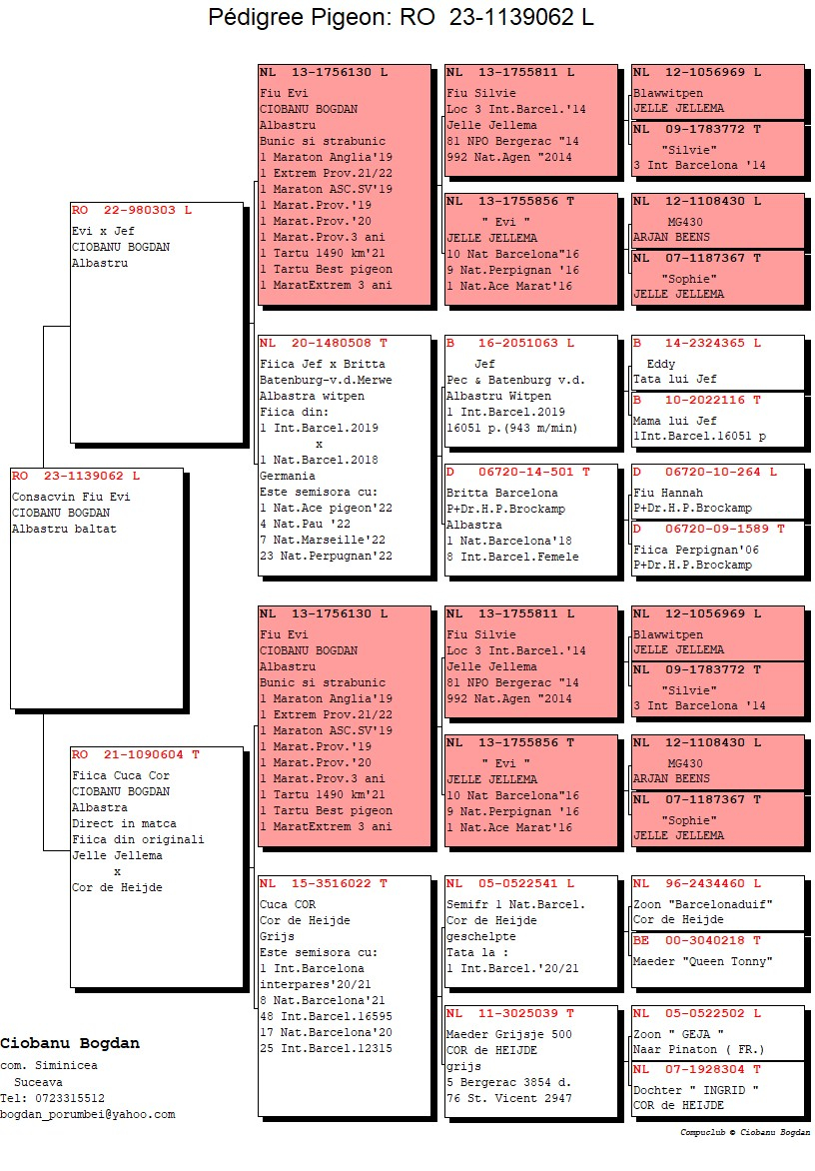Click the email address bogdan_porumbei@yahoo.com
click(87, 1114)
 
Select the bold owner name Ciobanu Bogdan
click(70, 1043)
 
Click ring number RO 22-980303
click(132, 211)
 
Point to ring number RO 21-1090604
click(135, 755)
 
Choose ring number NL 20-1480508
click(324, 344)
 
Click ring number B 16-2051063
click(509, 344)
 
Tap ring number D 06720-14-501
click(518, 472)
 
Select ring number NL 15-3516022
click(324, 883)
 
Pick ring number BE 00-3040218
click(696, 940)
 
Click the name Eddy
click(660, 364)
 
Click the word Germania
click(288, 476)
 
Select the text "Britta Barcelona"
click(501, 493)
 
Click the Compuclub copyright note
click(745, 1132)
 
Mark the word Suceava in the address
click(38, 1082)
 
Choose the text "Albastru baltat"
click(64, 529)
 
